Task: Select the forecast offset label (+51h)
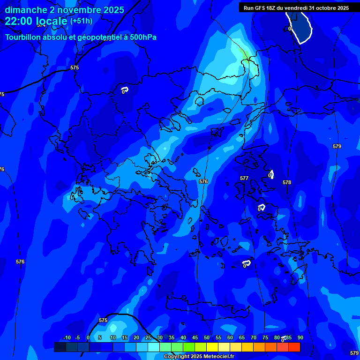(x=81, y=21)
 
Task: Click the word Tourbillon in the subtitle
(x=23, y=37)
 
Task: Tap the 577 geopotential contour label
(x=244, y=178)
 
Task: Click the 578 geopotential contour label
(x=287, y=182)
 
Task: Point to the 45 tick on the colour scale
(x=195, y=337)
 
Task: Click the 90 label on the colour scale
(x=300, y=337)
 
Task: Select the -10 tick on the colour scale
(x=67, y=337)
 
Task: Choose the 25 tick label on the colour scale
(x=148, y=337)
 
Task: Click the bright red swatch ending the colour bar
(x=294, y=347)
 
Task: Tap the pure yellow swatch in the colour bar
(x=212, y=347)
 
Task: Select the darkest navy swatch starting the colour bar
(x=60, y=347)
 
